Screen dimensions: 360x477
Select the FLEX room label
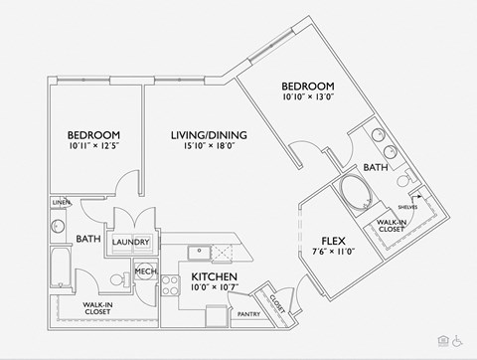click(334, 240)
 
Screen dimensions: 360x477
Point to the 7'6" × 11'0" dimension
click(334, 253)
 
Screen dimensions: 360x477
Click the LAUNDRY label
click(131, 242)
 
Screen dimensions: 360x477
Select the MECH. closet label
click(145, 270)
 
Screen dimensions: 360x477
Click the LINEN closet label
click(60, 203)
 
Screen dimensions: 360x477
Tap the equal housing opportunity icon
click(441, 340)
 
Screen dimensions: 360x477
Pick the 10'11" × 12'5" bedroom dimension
click(93, 147)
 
